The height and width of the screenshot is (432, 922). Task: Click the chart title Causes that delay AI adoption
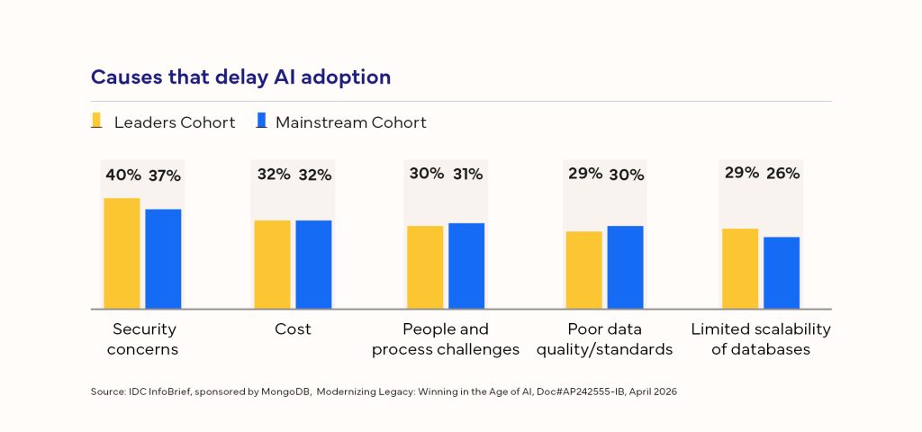click(240, 77)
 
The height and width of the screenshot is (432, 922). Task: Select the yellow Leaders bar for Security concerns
click(122, 253)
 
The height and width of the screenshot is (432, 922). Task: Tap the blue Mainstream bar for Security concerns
click(163, 258)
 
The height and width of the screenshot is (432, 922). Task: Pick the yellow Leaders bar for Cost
click(272, 264)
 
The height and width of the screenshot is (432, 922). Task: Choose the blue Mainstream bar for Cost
click(313, 264)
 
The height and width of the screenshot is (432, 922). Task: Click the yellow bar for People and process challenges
click(425, 266)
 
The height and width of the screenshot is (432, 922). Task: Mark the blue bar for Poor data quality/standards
click(625, 266)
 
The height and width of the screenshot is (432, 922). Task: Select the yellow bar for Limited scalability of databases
click(740, 268)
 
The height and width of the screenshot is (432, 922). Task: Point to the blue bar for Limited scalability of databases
click(782, 273)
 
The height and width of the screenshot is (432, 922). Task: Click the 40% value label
click(122, 175)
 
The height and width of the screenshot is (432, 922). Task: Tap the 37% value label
click(164, 175)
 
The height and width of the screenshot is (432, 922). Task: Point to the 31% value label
click(467, 175)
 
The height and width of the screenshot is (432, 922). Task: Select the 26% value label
click(782, 174)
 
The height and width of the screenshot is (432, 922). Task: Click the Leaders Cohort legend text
click(174, 122)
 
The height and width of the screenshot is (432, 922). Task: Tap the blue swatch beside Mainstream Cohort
click(261, 121)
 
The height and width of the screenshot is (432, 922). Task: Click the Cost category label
click(293, 329)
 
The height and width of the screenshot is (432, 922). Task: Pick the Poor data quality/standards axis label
click(605, 339)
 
